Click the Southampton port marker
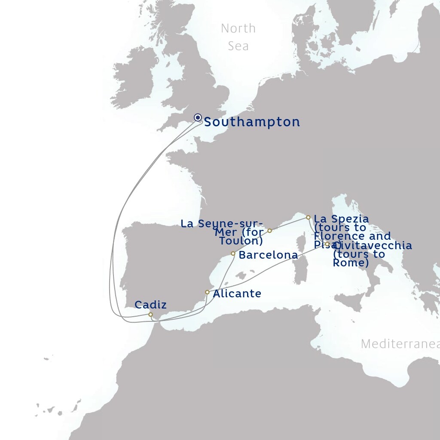tap(198, 117)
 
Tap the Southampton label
tap(252, 122)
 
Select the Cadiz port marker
tap(150, 315)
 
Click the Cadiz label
tap(150, 305)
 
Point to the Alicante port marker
tap(207, 292)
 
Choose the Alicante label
tap(237, 294)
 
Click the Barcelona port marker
tap(233, 254)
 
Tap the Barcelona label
tap(268, 255)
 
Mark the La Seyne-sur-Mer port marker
tap(270, 231)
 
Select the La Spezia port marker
tap(308, 217)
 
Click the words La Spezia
tap(341, 219)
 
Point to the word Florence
tap(335, 236)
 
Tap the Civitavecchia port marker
tap(327, 244)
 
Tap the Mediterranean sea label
tap(400, 344)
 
